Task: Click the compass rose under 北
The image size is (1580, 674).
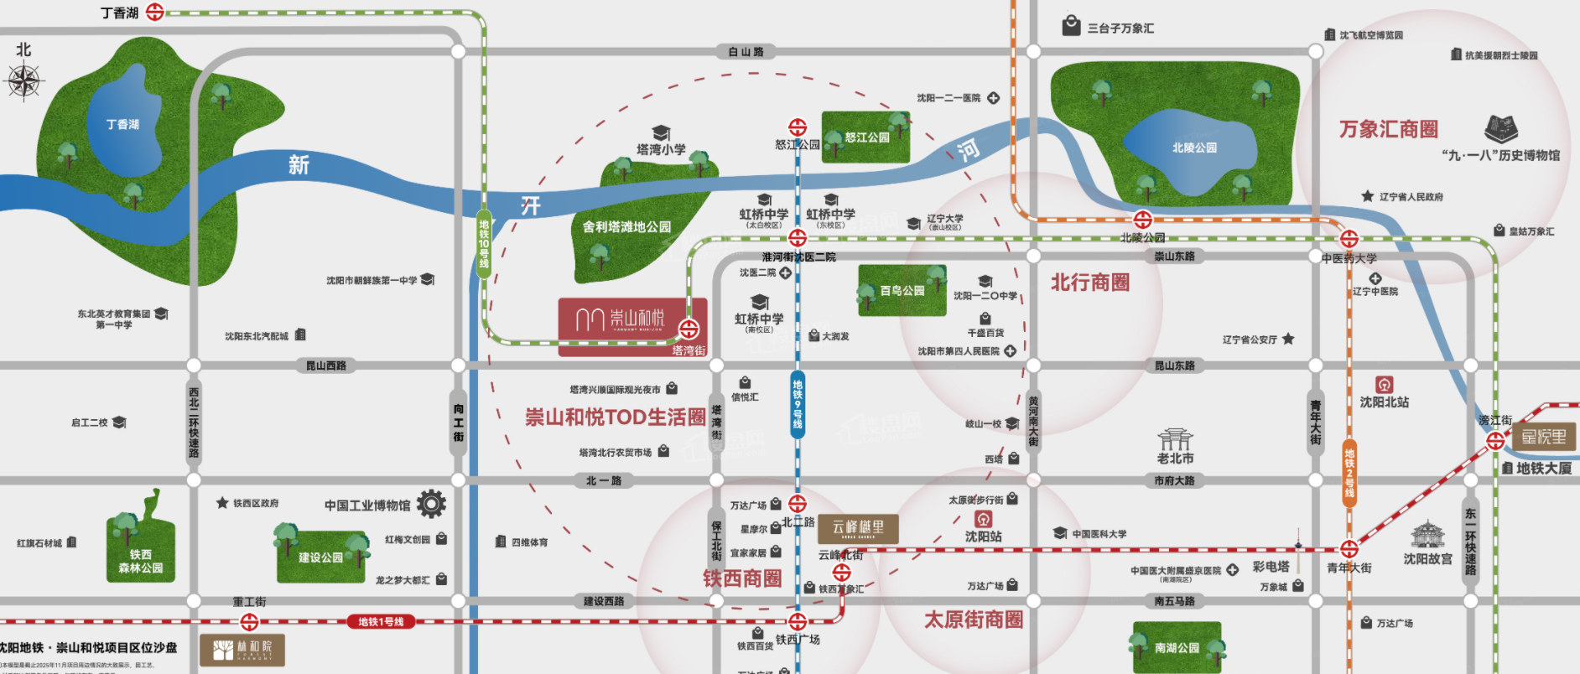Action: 24,81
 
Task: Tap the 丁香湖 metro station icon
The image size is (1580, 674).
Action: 155,12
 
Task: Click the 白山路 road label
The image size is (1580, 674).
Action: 746,52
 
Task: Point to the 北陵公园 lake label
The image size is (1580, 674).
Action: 1194,148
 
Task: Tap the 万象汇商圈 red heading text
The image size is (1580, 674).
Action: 1388,129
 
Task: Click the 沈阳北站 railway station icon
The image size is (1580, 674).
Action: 1384,384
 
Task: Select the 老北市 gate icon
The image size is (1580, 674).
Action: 1175,439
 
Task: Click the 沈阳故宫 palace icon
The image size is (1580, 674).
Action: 1427,534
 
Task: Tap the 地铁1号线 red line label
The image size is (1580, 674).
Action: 381,622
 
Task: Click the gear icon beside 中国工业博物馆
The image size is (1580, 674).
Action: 431,504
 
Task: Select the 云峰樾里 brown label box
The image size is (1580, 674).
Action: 858,527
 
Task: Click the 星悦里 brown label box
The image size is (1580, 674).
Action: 1544,437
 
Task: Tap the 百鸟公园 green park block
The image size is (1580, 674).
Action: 902,290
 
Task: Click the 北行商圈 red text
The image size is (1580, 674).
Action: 1090,283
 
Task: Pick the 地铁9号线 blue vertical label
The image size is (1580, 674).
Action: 797,405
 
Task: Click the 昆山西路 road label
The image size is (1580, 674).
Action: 325,366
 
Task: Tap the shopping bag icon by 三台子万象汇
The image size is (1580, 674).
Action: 1071,25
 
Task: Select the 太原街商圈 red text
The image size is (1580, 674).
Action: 973,620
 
